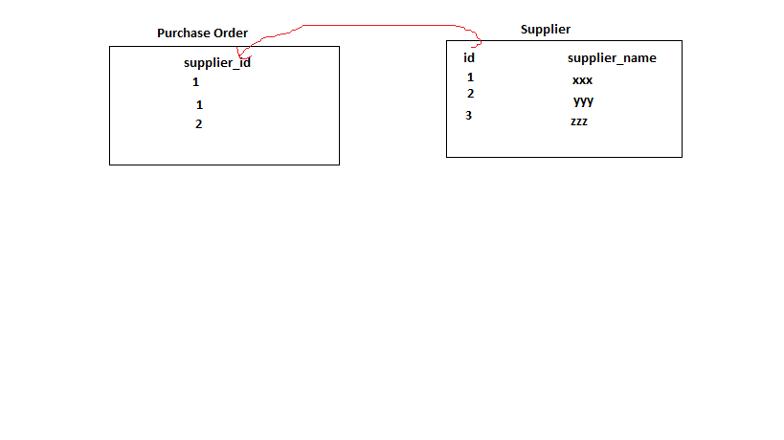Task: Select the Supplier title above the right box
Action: (545, 29)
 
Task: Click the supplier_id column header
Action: (216, 63)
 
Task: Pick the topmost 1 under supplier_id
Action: (195, 82)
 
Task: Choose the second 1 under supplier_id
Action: (199, 105)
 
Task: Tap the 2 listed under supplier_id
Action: (198, 123)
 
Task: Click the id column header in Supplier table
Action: (469, 57)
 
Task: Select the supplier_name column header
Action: (612, 58)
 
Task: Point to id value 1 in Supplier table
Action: (470, 77)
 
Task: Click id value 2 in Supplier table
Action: (470, 94)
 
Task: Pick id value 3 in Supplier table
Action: (468, 116)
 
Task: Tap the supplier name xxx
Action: (582, 80)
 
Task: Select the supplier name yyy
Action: (583, 100)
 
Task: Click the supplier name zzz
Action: (579, 121)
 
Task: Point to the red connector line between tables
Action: (383, 25)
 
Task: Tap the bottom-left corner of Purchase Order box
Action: (110, 165)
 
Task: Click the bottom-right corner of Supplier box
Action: (682, 157)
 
